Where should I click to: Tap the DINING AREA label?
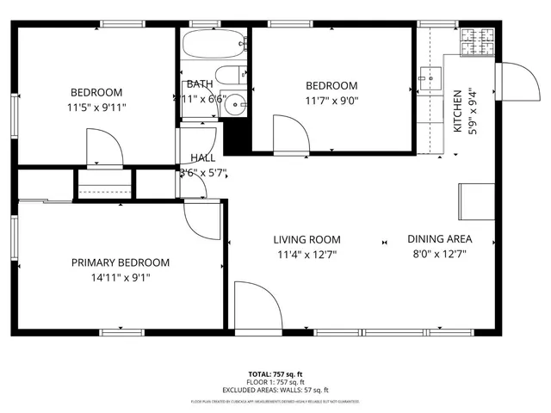[x=439, y=239]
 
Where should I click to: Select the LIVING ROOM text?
[x=307, y=240]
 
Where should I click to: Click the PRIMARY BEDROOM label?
[x=120, y=262]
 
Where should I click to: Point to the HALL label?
[x=203, y=157]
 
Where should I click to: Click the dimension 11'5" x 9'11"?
[x=96, y=108]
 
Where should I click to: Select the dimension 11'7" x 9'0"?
[x=331, y=100]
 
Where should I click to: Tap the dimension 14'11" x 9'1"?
[x=120, y=277]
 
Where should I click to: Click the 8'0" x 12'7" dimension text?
[x=439, y=254]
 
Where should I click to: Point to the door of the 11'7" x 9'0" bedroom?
[x=290, y=133]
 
